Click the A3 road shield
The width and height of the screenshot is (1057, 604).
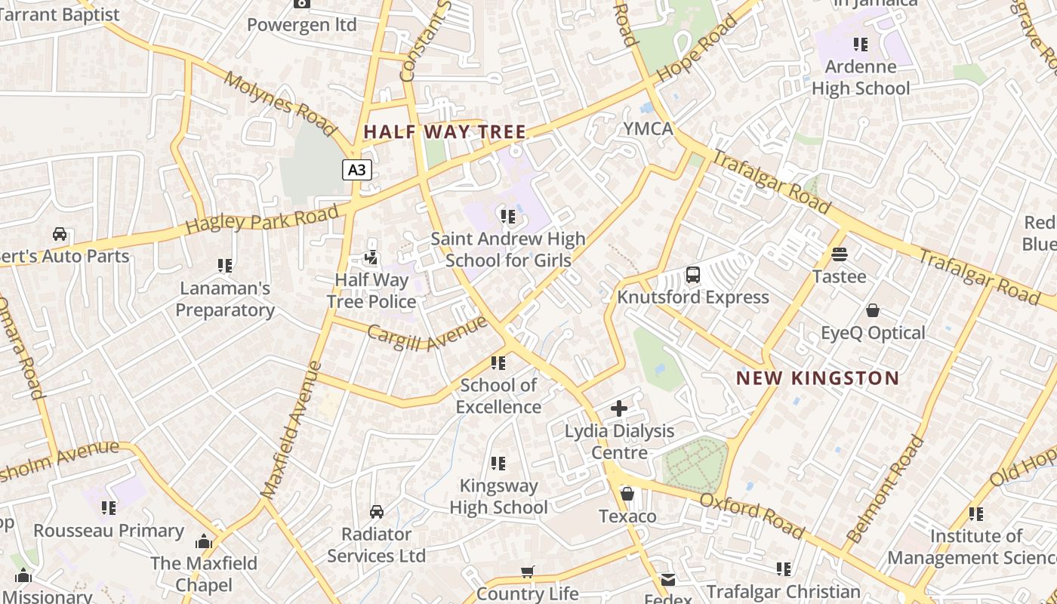[356, 170]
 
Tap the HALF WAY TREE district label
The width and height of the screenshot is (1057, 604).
[444, 131]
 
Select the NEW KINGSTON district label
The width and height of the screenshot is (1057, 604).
[818, 378]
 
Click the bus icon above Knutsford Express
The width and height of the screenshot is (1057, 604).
[693, 275]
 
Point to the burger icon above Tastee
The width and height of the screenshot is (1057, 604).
[840, 254]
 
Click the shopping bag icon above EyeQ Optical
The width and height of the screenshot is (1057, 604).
[873, 310]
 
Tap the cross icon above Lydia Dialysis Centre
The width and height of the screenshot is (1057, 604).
[619, 408]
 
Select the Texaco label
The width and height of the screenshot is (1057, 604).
[627, 516]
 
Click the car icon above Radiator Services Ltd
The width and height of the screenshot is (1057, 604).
[377, 512]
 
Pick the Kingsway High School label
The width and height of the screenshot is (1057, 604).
[498, 497]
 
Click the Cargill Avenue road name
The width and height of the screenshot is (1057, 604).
[427, 334]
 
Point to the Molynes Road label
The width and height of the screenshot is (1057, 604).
[279, 104]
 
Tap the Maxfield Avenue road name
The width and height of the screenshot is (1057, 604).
[291, 430]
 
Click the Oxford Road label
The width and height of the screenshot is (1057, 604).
[752, 516]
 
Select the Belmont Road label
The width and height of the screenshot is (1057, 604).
[886, 489]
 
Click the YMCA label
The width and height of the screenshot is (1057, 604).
[648, 128]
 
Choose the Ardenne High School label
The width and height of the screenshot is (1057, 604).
[861, 78]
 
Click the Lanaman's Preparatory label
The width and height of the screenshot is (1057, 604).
[225, 299]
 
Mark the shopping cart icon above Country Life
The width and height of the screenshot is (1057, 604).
[528, 572]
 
